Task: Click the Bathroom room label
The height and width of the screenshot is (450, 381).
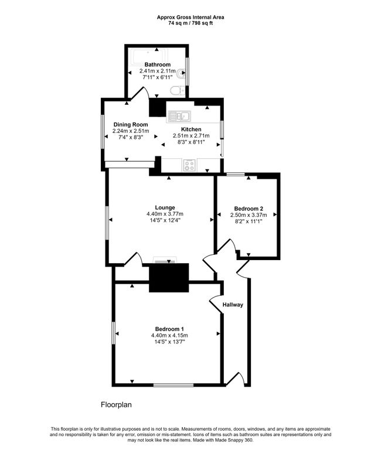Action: tap(157, 64)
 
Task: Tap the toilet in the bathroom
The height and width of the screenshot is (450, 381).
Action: tap(177, 91)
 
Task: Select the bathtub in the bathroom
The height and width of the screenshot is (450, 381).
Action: tap(148, 56)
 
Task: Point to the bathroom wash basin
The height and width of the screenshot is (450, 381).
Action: tap(181, 73)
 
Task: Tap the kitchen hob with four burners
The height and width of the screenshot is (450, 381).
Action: tap(189, 165)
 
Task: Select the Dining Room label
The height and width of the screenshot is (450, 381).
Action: tap(131, 125)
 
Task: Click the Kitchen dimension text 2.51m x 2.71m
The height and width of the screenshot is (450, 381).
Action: tap(191, 135)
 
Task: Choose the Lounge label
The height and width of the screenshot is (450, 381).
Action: tap(165, 207)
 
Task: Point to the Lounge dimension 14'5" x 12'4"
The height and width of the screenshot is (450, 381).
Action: tap(165, 220)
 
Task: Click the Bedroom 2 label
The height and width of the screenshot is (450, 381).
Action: tap(249, 209)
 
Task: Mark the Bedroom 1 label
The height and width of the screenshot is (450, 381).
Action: tap(169, 329)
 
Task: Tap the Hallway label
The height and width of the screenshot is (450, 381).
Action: tap(233, 305)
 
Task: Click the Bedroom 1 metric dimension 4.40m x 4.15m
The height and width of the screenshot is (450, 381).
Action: tap(169, 336)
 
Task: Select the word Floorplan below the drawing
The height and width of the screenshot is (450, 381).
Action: tap(116, 405)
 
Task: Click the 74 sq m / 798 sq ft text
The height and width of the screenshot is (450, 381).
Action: tap(190, 23)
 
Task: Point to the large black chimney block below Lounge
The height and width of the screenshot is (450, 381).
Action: tap(169, 278)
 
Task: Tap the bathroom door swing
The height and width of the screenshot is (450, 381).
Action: tap(140, 93)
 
